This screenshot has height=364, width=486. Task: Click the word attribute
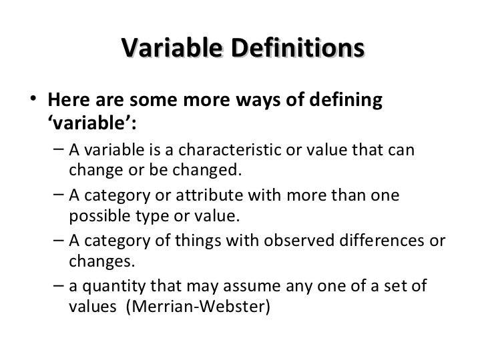[214, 195]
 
